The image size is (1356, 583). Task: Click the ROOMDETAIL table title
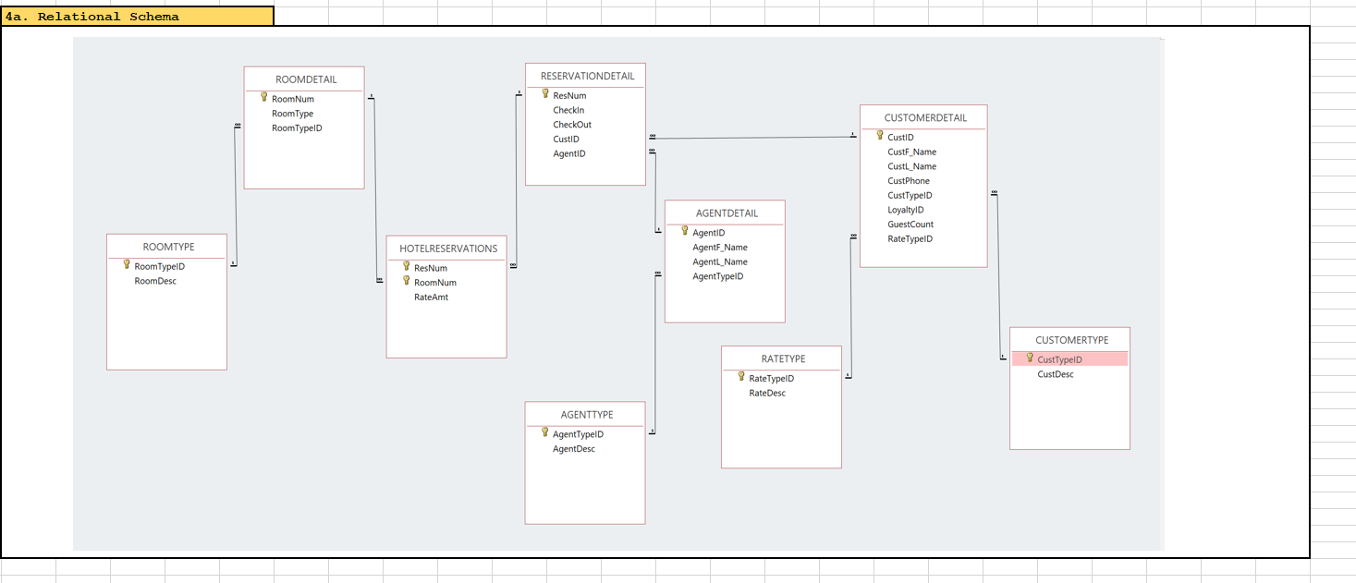click(x=306, y=79)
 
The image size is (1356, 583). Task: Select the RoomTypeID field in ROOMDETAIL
click(x=297, y=128)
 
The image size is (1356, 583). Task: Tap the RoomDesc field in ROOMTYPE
click(x=155, y=281)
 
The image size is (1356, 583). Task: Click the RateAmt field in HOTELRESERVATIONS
click(x=431, y=298)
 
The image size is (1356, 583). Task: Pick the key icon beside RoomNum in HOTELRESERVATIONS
click(x=406, y=281)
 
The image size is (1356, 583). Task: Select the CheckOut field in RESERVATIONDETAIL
click(x=572, y=125)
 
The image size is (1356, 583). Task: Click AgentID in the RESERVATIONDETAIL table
click(x=568, y=153)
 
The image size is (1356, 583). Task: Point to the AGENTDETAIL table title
click(x=727, y=213)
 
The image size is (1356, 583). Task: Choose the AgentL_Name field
click(x=719, y=261)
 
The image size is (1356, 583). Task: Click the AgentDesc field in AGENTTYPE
click(x=573, y=449)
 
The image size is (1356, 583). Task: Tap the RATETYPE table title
click(x=783, y=358)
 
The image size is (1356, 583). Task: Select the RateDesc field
click(x=766, y=393)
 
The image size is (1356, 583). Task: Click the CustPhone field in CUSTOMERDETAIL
click(x=908, y=181)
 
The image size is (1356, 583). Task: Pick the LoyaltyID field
click(x=905, y=210)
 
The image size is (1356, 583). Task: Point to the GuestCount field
click(x=910, y=225)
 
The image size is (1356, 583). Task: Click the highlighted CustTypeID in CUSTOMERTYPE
click(x=1059, y=359)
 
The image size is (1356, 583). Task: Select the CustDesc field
click(x=1055, y=374)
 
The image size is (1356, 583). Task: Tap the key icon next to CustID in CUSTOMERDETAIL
click(x=880, y=136)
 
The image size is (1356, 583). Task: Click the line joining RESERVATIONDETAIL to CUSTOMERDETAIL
click(x=753, y=138)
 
